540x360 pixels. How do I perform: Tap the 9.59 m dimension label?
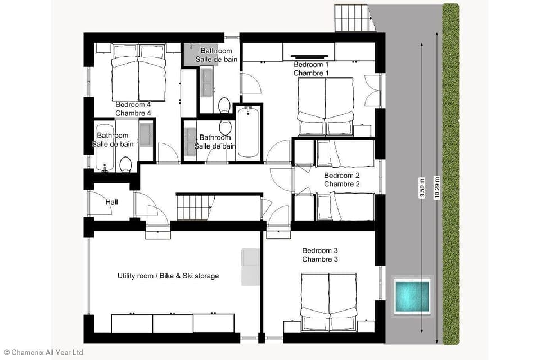coord(421,187)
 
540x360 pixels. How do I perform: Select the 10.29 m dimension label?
coord(436,187)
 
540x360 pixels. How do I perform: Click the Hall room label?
coord(111,201)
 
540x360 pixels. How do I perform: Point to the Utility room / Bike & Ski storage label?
coord(168,276)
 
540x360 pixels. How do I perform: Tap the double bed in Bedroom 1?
coord(326,107)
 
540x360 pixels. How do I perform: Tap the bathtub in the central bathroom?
coord(247,132)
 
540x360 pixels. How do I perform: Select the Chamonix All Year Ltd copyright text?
coord(43,352)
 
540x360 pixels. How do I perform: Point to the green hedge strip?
coord(451,174)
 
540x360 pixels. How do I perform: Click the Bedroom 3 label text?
coord(320,254)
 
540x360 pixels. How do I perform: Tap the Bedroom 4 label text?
coord(133,109)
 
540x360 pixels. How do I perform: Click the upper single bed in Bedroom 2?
coord(343,153)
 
